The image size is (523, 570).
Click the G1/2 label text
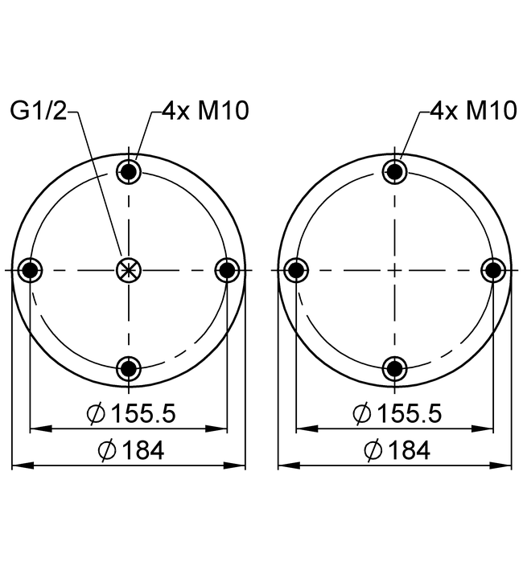coord(39,110)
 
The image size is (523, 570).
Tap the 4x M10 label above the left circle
coord(205,110)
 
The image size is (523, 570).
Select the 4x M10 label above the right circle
coord(473,110)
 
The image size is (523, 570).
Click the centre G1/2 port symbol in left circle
coord(128,270)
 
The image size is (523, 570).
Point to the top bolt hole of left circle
coord(129,171)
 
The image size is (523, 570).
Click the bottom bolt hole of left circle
coord(129,369)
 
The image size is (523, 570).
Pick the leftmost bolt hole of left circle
coord(30,270)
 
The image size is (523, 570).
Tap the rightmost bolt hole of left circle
coord(227,270)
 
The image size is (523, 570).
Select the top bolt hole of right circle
coord(394,171)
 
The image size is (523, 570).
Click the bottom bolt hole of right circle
coord(394,369)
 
